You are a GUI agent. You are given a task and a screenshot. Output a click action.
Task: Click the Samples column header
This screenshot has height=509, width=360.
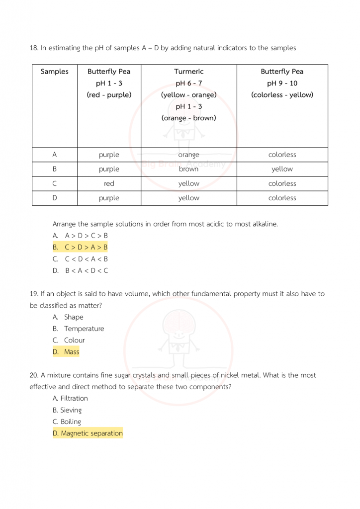tap(54, 72)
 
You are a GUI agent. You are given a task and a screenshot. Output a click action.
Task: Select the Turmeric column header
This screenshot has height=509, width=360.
tap(188, 72)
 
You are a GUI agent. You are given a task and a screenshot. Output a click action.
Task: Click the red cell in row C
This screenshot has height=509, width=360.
tap(109, 183)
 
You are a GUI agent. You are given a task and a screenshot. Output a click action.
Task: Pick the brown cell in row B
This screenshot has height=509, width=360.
tap(188, 169)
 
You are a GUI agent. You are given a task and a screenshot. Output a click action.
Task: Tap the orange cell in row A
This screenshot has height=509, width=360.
tap(188, 155)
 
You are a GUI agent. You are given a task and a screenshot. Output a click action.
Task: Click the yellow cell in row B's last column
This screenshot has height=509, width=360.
tap(282, 169)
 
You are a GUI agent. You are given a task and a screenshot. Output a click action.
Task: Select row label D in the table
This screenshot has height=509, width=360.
tap(54, 198)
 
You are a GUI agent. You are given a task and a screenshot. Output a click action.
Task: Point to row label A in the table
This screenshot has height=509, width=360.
tap(54, 155)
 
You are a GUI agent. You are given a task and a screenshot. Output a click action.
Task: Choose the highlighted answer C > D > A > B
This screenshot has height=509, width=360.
tap(86, 247)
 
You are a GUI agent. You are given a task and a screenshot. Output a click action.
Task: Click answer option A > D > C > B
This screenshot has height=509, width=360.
tap(86, 235)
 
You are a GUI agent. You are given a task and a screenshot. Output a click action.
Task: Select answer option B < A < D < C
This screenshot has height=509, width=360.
tap(86, 271)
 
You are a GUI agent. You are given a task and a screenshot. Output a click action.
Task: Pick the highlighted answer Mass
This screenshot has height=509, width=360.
tap(71, 352)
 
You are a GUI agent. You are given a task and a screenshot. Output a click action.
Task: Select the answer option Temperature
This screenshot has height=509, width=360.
tap(84, 329)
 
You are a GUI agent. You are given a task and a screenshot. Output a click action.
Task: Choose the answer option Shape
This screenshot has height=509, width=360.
tap(73, 317)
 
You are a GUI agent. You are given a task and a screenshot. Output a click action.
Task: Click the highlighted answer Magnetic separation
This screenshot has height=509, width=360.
tap(91, 433)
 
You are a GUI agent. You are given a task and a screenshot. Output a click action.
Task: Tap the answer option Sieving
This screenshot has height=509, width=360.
tap(71, 410)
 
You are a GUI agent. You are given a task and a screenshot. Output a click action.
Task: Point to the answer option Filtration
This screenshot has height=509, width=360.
tap(74, 398)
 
